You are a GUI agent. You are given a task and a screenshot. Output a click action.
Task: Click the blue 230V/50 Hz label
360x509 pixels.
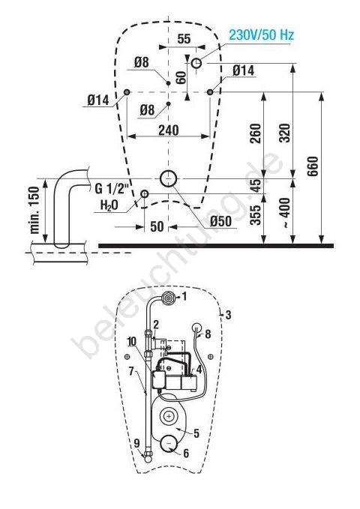click(x=261, y=34)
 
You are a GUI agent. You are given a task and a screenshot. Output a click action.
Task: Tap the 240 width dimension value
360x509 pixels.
click(x=168, y=130)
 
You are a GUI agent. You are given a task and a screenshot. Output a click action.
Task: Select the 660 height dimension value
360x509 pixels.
click(x=313, y=166)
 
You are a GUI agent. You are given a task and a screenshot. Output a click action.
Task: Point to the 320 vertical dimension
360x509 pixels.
click(x=285, y=133)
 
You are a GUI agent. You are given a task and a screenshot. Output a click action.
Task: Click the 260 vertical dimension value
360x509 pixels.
click(x=256, y=133)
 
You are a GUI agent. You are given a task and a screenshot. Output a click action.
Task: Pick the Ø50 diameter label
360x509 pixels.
click(x=220, y=221)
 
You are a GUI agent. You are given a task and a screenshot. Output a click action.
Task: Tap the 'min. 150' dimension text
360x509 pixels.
click(x=34, y=210)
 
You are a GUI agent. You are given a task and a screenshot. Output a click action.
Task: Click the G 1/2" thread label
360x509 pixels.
click(x=112, y=188)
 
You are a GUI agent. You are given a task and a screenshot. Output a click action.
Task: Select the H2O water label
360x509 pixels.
click(x=109, y=205)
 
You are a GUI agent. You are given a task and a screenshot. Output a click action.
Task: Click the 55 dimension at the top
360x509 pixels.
click(x=184, y=39)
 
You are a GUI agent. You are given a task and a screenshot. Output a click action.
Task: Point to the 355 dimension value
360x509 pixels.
click(x=256, y=215)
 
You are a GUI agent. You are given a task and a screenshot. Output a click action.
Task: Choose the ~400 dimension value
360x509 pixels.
click(x=285, y=213)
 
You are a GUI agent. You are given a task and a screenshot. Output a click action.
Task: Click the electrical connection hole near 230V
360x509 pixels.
click(x=196, y=63)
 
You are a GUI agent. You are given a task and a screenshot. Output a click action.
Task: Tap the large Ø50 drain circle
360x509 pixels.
click(x=168, y=178)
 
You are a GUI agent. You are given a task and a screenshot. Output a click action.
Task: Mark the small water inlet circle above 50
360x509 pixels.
click(x=144, y=194)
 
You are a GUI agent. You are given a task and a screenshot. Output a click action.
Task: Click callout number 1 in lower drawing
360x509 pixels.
click(x=184, y=296)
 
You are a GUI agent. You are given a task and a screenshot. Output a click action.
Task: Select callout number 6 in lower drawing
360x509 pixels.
click(x=186, y=454)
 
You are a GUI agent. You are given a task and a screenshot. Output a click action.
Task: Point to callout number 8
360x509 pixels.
click(x=208, y=334)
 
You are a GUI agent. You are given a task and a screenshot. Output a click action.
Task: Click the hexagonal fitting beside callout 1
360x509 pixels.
click(x=168, y=298)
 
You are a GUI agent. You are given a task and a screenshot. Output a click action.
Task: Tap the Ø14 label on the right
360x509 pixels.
click(x=243, y=70)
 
